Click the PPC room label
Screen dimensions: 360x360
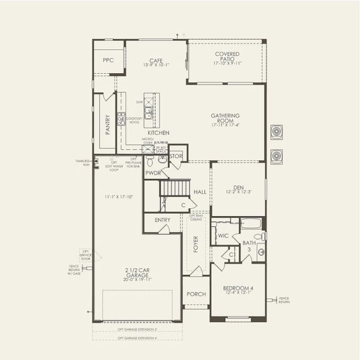click(108, 61)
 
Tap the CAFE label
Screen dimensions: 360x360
click(157, 60)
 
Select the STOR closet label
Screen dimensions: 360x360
click(176, 155)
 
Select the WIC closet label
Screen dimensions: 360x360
click(223, 236)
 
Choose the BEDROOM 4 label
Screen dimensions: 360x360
click(238, 288)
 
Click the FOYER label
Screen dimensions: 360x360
click(195, 244)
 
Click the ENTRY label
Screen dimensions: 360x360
click(162, 220)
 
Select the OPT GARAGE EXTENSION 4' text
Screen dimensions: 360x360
click(137, 338)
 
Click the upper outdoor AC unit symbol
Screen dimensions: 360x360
click(277, 131)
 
